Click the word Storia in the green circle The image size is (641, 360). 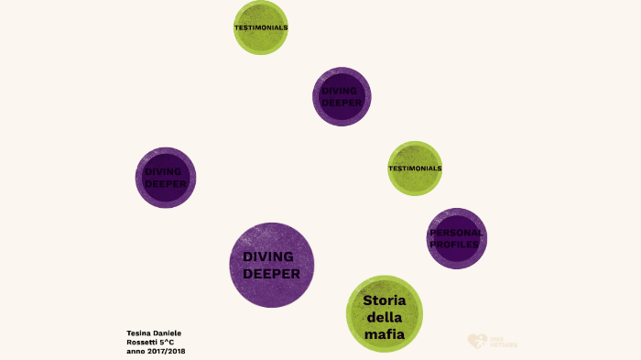point(384,301)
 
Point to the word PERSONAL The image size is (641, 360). point(456,233)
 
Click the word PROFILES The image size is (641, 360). point(456,245)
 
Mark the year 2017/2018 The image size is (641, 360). point(168,351)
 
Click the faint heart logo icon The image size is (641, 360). point(476,341)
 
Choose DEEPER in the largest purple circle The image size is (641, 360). point(271,272)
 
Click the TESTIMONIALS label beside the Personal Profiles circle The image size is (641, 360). point(415,169)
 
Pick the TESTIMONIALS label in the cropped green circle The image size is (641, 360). point(261,27)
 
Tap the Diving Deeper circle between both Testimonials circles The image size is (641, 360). point(342,96)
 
